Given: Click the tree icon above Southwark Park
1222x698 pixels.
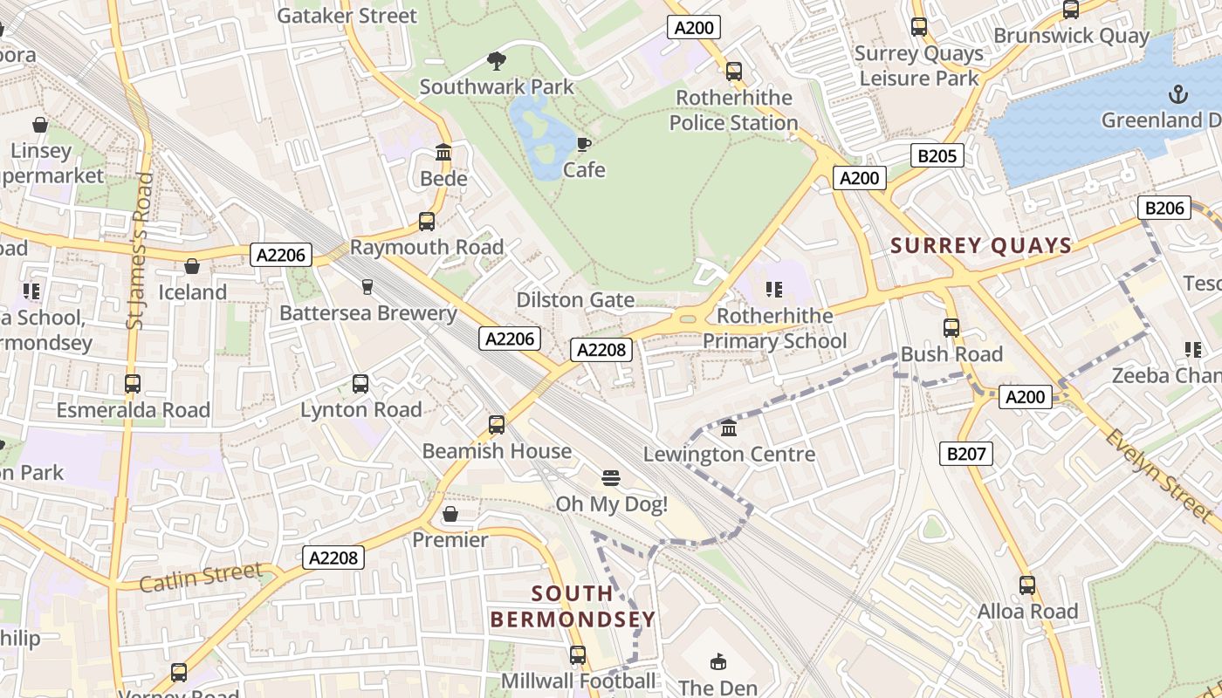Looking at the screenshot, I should click(497, 60).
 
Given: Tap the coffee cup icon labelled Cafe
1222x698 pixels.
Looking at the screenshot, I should click(583, 144).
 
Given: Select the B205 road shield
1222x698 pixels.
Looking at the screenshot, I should click(937, 156).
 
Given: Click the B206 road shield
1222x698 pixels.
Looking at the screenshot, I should click(1164, 208).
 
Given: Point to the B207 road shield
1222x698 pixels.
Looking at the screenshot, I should click(966, 453).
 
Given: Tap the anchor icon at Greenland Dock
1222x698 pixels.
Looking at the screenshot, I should click(1178, 93).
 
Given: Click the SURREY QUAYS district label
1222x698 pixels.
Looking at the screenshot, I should click(981, 246).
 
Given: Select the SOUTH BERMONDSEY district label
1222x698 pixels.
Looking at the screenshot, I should click(572, 606).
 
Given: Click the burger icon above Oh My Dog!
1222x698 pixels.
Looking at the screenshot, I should click(611, 478).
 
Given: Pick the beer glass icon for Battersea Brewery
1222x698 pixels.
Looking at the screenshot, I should click(367, 287).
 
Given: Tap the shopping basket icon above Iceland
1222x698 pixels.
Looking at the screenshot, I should click(191, 266).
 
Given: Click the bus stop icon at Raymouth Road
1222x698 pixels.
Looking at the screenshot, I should click(427, 222).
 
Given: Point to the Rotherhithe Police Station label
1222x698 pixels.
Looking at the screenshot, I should click(733, 110).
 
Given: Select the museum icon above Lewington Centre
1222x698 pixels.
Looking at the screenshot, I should click(729, 428).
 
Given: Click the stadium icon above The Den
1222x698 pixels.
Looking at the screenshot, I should click(718, 662).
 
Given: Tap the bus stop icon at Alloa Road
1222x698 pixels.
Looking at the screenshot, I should click(1027, 585).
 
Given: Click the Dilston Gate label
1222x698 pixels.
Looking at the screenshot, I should click(575, 300).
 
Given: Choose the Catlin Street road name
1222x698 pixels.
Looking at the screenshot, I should click(201, 577).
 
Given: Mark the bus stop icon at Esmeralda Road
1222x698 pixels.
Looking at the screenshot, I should click(133, 384).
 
